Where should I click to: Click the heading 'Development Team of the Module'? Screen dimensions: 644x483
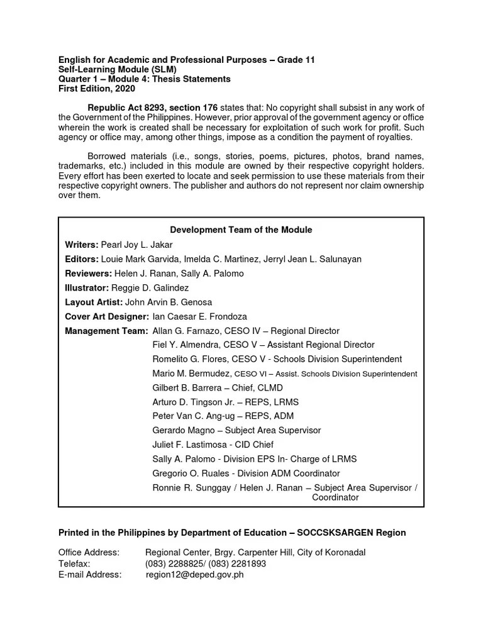(x=241, y=230)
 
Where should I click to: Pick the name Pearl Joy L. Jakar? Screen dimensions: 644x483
(x=136, y=245)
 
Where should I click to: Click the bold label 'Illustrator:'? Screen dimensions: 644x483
(x=87, y=288)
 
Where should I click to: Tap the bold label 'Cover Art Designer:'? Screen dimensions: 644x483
(x=107, y=316)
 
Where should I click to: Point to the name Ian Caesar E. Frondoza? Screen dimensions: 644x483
(x=200, y=316)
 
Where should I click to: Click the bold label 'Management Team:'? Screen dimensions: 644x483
(x=106, y=331)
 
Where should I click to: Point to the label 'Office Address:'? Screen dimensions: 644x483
(x=89, y=552)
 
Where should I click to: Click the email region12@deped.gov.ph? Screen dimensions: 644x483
(x=194, y=575)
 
